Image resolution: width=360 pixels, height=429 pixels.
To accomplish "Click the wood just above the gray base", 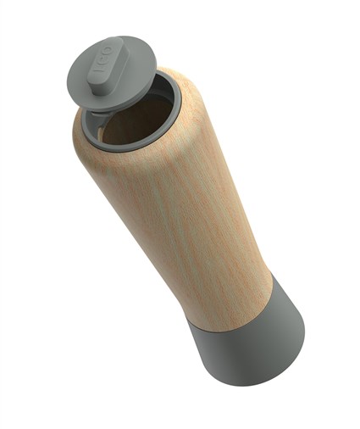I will tap(229, 284).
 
